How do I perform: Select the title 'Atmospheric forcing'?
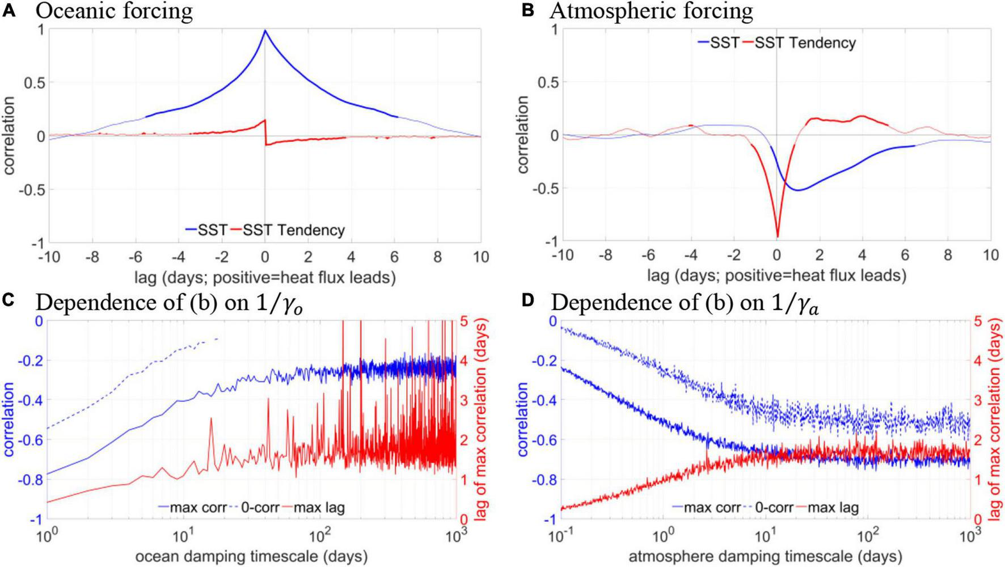tap(651, 11)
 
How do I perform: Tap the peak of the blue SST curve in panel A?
tap(265, 31)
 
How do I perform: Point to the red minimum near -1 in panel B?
tap(777, 236)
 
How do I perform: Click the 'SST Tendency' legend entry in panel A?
tap(294, 230)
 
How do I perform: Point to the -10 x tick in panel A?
tap(49, 257)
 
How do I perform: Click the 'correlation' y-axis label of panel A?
tap(11, 136)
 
